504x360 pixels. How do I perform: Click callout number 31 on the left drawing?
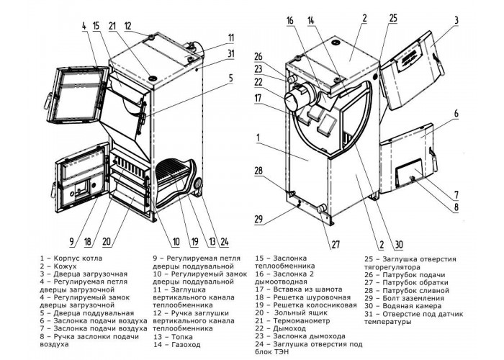(231, 53)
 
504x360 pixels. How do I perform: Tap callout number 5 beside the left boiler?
(231, 78)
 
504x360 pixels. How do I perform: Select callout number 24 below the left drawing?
(223, 242)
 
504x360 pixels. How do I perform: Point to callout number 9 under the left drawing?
(72, 242)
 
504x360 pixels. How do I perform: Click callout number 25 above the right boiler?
(393, 18)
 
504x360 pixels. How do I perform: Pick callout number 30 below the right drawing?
(398, 245)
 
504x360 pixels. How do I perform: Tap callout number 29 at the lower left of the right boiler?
(258, 219)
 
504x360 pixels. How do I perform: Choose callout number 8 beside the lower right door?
(456, 207)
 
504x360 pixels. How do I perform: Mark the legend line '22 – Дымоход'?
(281, 328)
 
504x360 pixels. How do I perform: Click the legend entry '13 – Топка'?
(173, 337)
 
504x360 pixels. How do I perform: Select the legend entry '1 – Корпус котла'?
(71, 258)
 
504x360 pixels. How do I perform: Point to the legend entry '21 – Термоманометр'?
(293, 321)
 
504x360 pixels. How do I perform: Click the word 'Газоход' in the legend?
(186, 345)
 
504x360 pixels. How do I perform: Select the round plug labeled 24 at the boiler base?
(197, 184)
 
